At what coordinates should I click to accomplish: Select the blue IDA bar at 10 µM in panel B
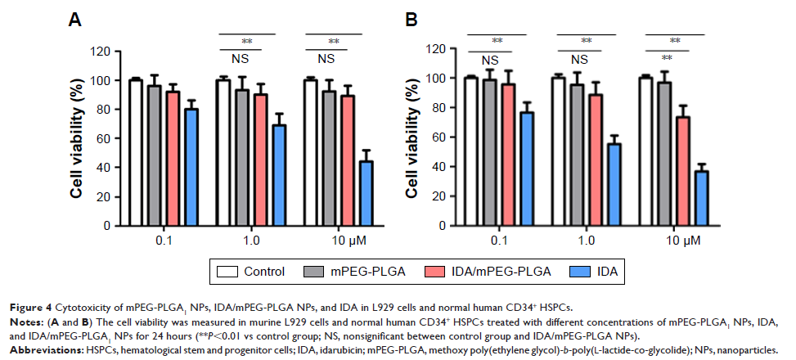tap(701, 196)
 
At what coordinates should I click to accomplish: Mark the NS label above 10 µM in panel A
tap(326, 59)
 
